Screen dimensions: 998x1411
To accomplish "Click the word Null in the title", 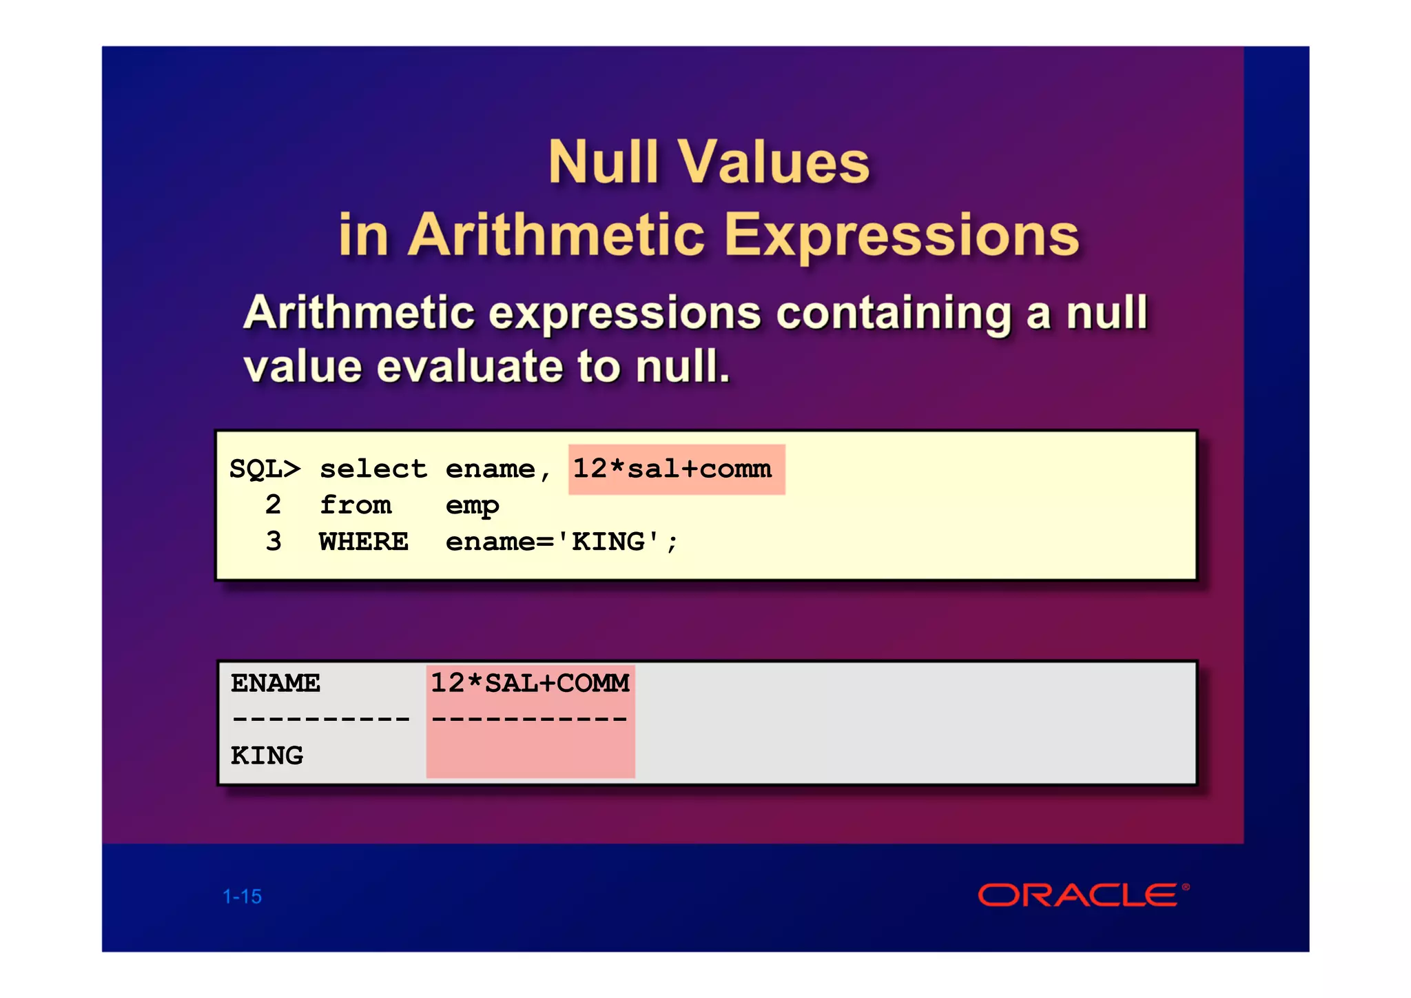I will pos(603,163).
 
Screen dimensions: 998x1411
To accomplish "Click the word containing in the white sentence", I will pos(894,314).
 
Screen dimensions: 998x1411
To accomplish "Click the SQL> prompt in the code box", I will pos(265,469).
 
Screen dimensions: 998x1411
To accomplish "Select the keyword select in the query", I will pos(373,469).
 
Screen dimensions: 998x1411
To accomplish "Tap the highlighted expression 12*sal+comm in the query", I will pos(673,469).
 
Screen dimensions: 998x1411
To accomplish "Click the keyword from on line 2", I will pos(356,505).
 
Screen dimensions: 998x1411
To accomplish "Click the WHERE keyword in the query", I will pos(364,542).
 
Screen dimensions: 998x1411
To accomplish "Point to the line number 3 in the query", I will pos(274,542).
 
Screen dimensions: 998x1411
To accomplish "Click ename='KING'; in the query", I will pos(561,542).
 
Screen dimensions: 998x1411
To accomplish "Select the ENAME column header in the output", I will pos(276,683).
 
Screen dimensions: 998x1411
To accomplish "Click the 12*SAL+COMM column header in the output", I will pos(530,683).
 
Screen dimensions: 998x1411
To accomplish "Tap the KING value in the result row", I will pos(267,756).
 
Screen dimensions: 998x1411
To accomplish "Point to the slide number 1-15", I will pos(243,897).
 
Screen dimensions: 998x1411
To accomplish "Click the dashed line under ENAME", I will pos(320,720).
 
